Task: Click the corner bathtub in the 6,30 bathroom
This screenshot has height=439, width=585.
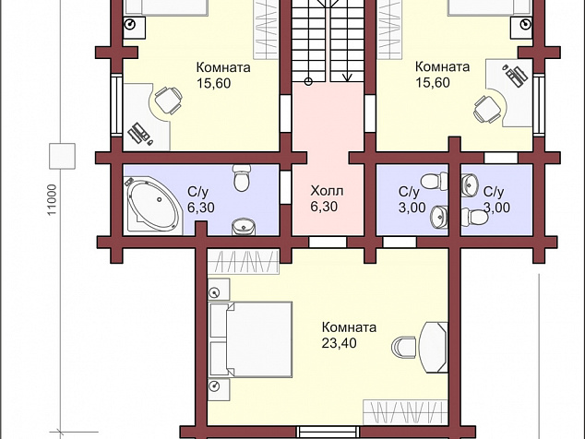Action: coord(153,206)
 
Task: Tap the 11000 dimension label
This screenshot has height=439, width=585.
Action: coord(52,199)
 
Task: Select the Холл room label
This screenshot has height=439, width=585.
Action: coord(327,191)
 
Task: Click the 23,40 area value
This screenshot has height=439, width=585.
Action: coord(340,343)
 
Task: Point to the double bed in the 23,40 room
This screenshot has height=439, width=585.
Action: coord(251,339)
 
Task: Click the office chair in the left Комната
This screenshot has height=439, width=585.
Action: coord(168,100)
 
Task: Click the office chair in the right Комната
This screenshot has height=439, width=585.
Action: coord(487,109)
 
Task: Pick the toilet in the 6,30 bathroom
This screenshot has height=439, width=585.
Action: coord(242,178)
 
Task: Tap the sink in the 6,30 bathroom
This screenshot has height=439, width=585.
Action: coord(243,227)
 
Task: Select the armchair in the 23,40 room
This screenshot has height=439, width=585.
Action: coord(403,348)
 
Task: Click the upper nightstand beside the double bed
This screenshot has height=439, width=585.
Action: coord(219,289)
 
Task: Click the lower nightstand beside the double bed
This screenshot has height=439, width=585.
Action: coord(219,390)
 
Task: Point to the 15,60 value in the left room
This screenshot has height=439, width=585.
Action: coord(214,83)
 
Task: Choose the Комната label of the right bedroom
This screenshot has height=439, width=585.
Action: coord(442,66)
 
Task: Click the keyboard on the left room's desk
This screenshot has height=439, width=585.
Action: coord(137,134)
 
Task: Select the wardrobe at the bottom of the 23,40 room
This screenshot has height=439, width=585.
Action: coord(406,412)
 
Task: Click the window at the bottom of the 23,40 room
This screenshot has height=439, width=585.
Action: coord(328,433)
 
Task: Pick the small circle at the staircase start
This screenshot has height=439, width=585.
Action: coord(308,82)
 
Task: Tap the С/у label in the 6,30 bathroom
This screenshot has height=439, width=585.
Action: coord(197,192)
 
